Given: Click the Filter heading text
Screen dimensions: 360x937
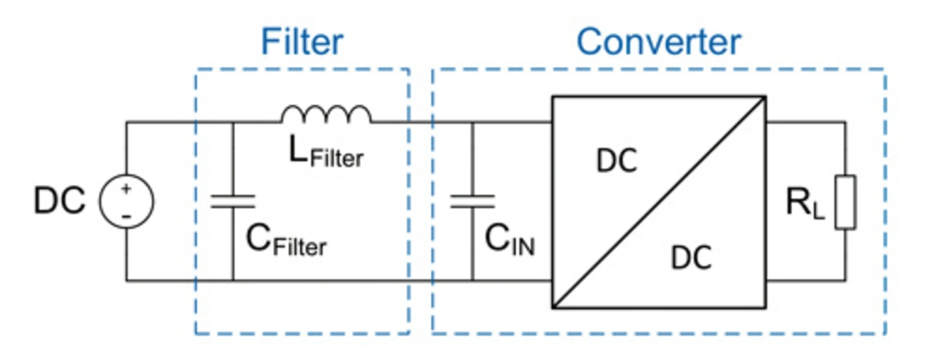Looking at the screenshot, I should pyautogui.click(x=302, y=42).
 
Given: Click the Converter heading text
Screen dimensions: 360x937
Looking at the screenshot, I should pyautogui.click(x=658, y=42).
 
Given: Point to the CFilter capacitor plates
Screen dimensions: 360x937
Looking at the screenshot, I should pyautogui.click(x=233, y=201).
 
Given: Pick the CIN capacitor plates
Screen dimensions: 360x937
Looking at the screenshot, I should pyautogui.click(x=472, y=201).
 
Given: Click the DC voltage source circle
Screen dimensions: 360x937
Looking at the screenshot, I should pyautogui.click(x=126, y=201).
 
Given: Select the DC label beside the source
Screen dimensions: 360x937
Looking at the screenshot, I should pyautogui.click(x=59, y=202).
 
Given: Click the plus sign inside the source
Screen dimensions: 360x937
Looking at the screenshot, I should pyautogui.click(x=126, y=190).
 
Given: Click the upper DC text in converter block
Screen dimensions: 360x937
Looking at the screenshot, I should pyautogui.click(x=616, y=162).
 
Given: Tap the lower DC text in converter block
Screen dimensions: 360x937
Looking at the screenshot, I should pyautogui.click(x=691, y=258).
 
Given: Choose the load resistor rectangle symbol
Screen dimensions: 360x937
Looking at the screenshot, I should pyautogui.click(x=845, y=201).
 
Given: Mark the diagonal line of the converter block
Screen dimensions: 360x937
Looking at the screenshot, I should pyautogui.click(x=659, y=201).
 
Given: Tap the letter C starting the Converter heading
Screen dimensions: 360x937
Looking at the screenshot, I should pyautogui.click(x=591, y=42).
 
